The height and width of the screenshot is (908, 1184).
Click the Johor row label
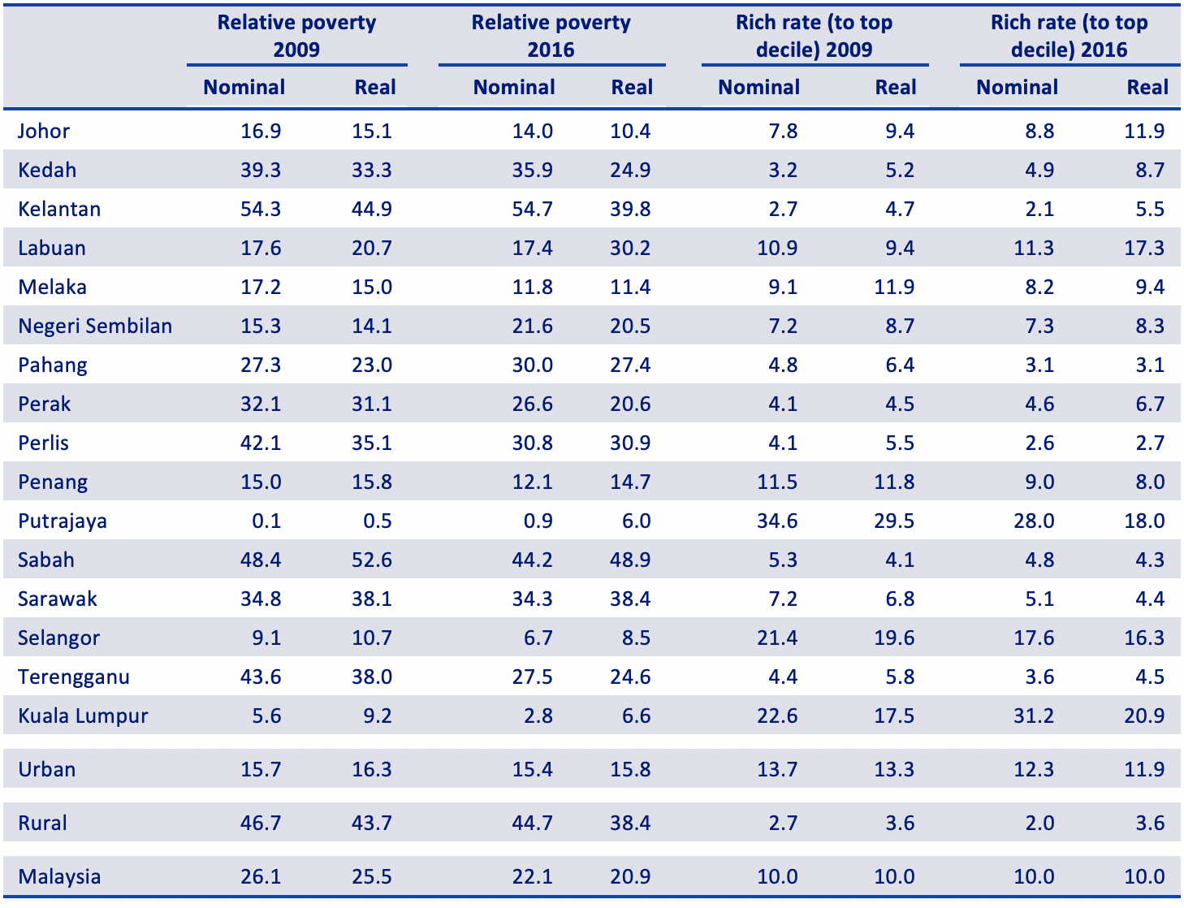[44, 132]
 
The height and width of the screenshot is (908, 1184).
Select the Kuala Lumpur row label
[83, 716]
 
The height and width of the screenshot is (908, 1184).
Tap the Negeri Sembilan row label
[95, 326]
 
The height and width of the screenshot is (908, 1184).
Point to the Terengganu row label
[74, 677]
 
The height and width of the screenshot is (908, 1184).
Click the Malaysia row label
[59, 877]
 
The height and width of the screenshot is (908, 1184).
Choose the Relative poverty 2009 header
[297, 36]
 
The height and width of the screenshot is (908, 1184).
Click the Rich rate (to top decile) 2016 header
[1069, 36]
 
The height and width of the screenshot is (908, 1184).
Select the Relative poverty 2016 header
[551, 36]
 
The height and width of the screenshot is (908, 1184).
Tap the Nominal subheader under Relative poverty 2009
[244, 87]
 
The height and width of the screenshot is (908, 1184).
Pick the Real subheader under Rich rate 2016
[1147, 87]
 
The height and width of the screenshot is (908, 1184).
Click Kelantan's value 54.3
[261, 210]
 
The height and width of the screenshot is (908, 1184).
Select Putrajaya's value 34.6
[777, 521]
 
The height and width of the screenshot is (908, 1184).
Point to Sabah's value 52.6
[372, 560]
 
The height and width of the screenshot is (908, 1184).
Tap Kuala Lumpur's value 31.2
[1034, 716]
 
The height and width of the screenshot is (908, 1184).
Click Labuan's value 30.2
[630, 249]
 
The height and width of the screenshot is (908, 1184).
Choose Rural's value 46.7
[261, 823]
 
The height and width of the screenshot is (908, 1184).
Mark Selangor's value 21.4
[777, 638]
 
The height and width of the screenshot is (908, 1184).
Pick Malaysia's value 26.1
[261, 877]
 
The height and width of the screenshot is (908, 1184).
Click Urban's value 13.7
[777, 770]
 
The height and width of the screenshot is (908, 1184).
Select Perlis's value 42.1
[261, 443]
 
